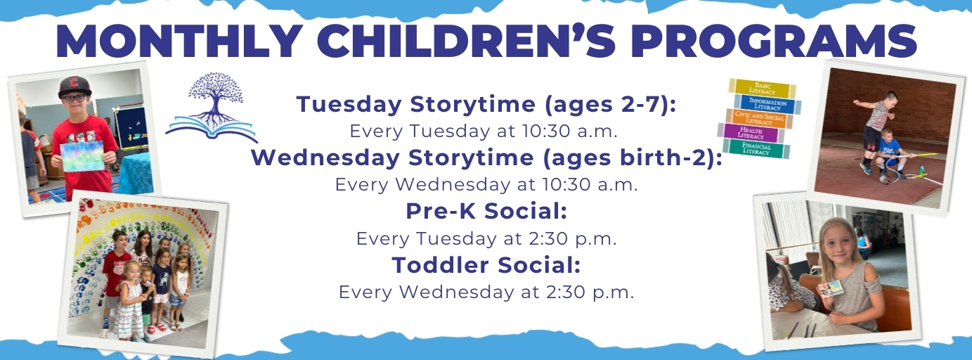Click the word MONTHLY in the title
tap(179, 41)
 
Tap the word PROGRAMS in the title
tap(774, 41)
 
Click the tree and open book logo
tap(212, 107)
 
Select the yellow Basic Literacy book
tap(763, 88)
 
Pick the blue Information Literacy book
tap(767, 104)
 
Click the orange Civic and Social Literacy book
tap(759, 119)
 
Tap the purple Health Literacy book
tap(751, 133)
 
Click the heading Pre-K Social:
tap(486, 211)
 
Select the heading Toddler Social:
tap(486, 265)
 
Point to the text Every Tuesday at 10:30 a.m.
tap(484, 131)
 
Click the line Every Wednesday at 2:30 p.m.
tap(486, 292)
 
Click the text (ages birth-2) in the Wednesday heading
tap(628, 157)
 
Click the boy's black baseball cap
tap(74, 86)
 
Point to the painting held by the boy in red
tap(82, 155)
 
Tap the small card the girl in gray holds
tap(831, 288)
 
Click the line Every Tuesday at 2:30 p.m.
tap(486, 239)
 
